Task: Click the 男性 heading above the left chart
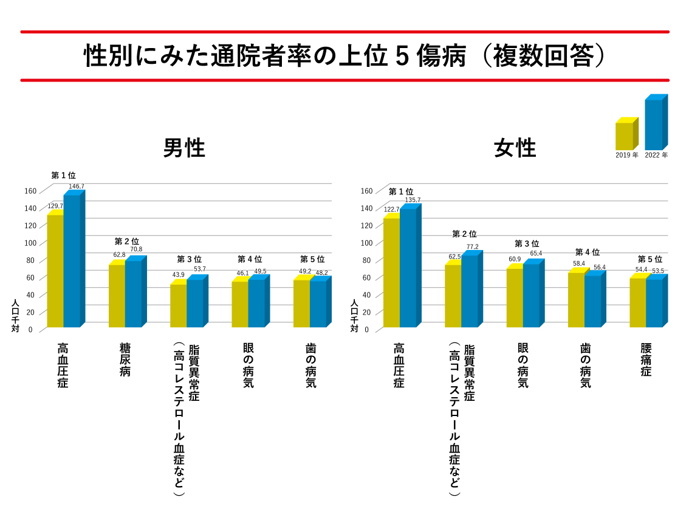coord(184,148)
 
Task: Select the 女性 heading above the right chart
coord(515,148)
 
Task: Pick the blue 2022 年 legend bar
coord(654,125)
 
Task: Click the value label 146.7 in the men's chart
coord(77,186)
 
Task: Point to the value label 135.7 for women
coord(413,200)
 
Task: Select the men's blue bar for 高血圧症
coord(72,261)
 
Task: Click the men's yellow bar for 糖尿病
coord(117,296)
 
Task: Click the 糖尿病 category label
coord(125,360)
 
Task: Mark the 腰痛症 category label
coord(645,360)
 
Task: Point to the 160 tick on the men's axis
coord(30,191)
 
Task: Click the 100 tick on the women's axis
coord(366,243)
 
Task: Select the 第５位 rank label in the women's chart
coord(650,259)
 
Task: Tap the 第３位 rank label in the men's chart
coord(189,260)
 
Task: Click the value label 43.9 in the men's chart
coord(179,275)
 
